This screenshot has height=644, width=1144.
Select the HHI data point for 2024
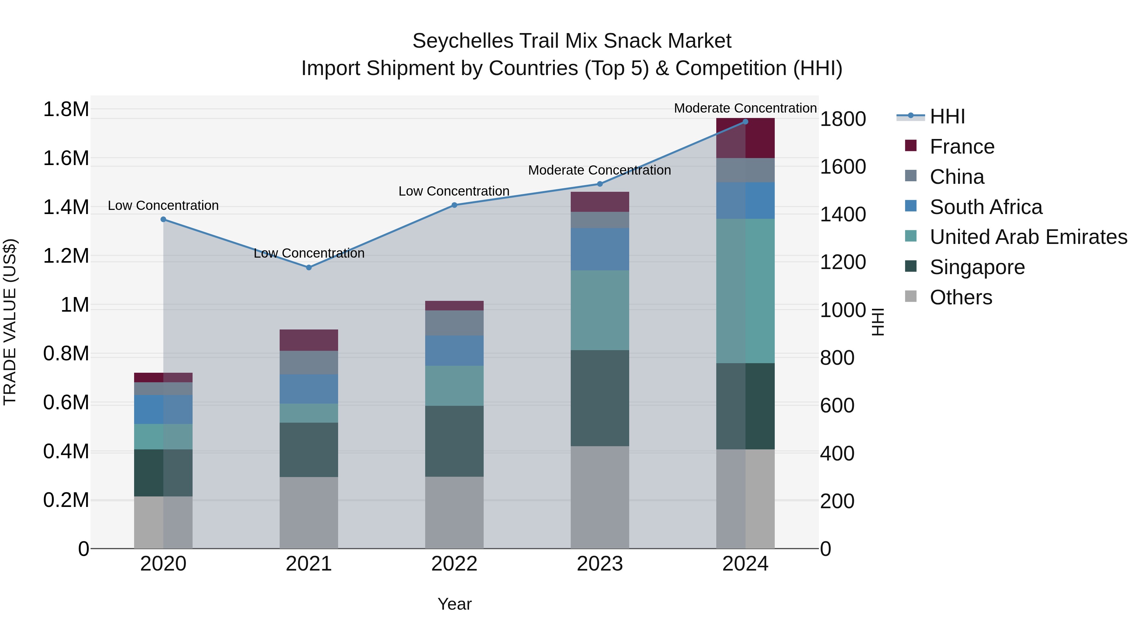[x=745, y=122]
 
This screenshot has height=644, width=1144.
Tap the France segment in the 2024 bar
[x=745, y=138]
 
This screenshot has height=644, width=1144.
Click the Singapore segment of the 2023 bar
[x=600, y=398]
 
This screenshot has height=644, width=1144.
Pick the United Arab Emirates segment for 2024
[x=745, y=291]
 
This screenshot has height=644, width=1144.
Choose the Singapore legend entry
[x=977, y=267]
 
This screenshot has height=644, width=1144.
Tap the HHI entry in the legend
[x=947, y=116]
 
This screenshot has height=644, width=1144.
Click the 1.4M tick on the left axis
[x=66, y=208]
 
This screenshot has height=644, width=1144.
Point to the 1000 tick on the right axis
[x=842, y=310]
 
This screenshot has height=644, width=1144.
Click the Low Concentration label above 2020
[x=163, y=205]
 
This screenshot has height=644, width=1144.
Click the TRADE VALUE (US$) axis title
[x=10, y=322]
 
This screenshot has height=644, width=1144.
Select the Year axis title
[x=454, y=604]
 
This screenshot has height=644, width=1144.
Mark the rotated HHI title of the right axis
[x=878, y=322]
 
